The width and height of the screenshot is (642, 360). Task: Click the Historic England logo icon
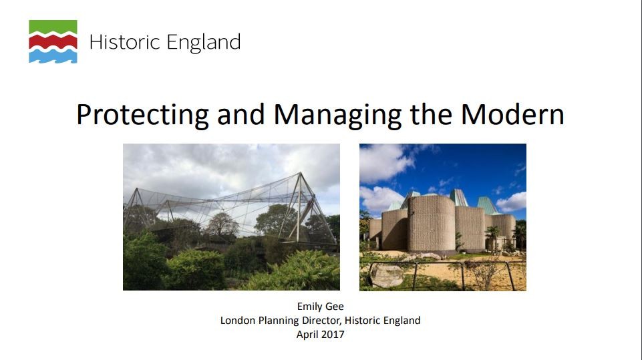pos(53,41)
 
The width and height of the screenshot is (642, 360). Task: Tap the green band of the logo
pos(53,27)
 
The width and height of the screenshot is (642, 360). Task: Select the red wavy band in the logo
pos(53,41)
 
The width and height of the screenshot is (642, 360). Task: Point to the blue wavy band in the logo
pos(53,55)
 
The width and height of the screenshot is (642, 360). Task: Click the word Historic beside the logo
pos(124,42)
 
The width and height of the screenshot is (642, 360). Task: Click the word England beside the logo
pos(204,43)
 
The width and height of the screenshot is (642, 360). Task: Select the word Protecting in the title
pos(142,115)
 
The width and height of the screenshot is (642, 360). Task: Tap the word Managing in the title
pos(337,115)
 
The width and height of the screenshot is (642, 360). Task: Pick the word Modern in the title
pos(512,114)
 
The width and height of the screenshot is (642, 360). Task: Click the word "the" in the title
pos(431,114)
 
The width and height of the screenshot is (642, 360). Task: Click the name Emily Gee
pos(320,307)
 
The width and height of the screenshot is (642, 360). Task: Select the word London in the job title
pos(238,321)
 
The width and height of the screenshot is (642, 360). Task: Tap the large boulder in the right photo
pos(387,276)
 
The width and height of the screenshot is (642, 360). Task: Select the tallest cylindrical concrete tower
pos(431,223)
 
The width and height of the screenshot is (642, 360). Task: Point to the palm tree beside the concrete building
pos(492,238)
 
